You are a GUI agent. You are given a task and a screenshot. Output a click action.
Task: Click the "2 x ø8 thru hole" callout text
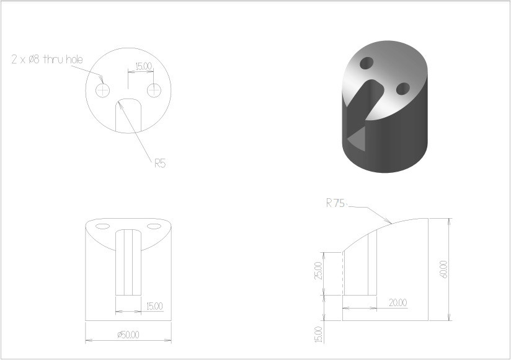click(47, 59)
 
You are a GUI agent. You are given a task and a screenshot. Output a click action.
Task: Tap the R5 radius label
click(161, 163)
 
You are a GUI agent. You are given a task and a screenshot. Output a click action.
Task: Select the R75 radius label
click(335, 203)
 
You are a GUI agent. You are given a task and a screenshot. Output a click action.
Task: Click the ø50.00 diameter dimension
click(128, 335)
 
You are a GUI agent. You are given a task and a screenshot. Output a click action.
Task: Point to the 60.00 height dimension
click(443, 269)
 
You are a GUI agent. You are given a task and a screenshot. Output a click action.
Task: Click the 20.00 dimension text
click(398, 303)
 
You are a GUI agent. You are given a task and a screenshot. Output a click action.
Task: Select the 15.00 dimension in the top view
click(144, 66)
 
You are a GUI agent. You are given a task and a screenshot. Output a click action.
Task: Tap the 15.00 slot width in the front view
click(154, 306)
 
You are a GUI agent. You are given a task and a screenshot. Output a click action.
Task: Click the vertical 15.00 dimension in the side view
click(319, 335)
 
